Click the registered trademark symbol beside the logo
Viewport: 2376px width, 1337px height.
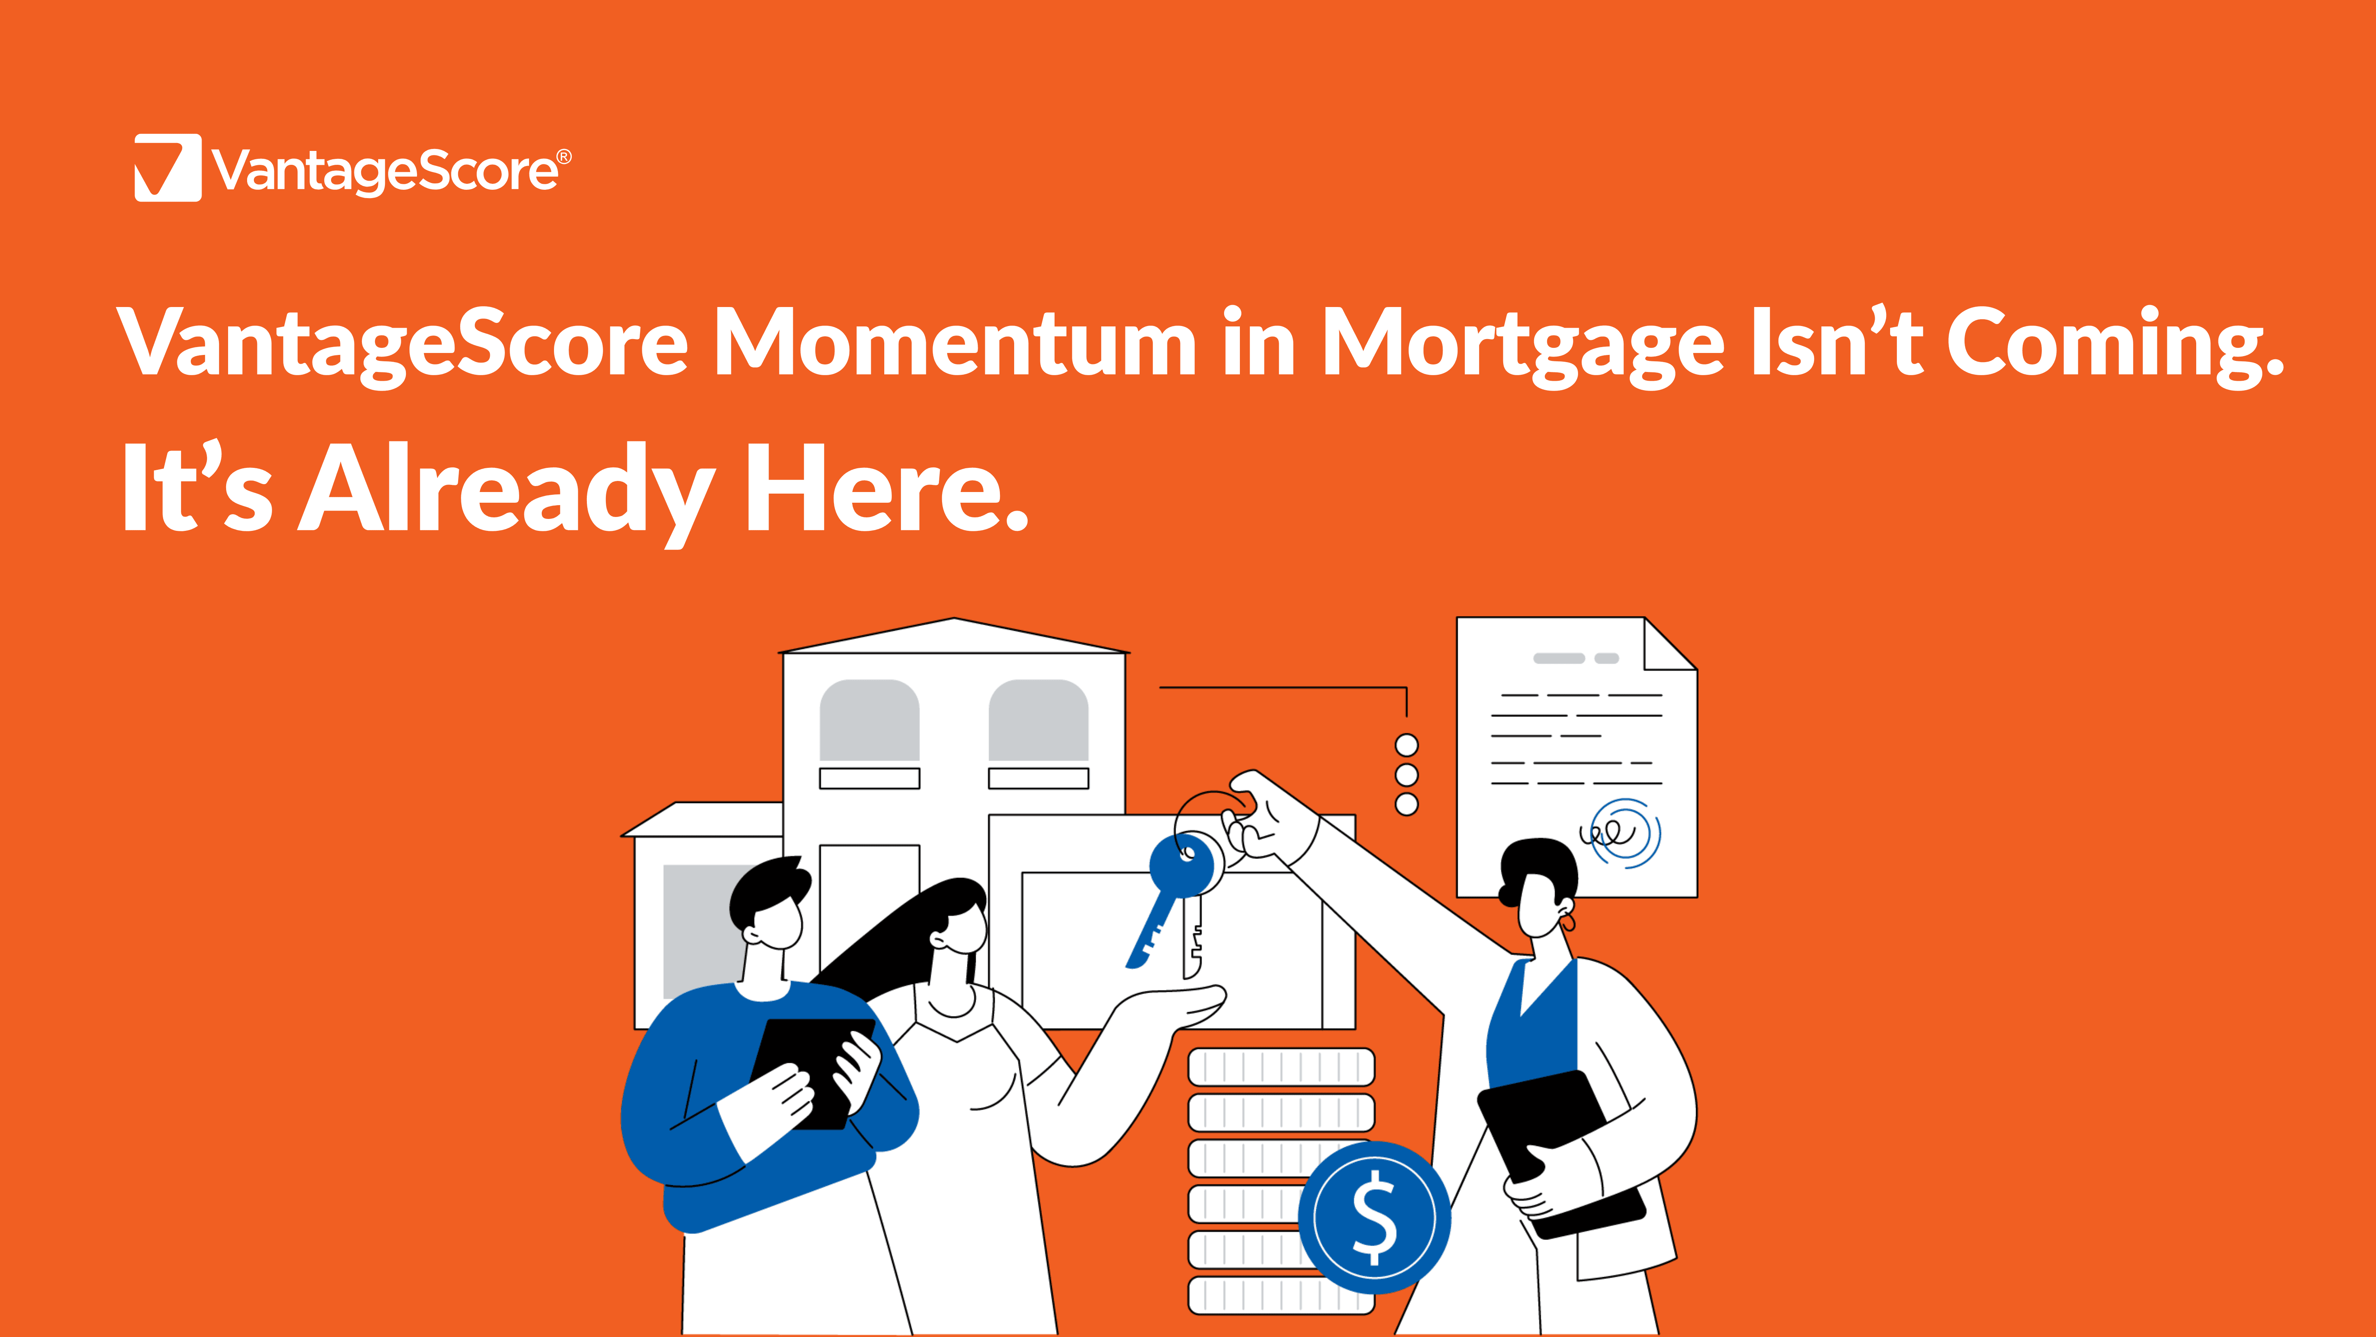tap(564, 157)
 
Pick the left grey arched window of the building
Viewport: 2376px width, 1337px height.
tap(870, 720)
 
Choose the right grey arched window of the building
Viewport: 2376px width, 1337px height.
tap(1039, 720)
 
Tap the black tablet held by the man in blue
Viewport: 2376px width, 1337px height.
tap(812, 1073)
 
